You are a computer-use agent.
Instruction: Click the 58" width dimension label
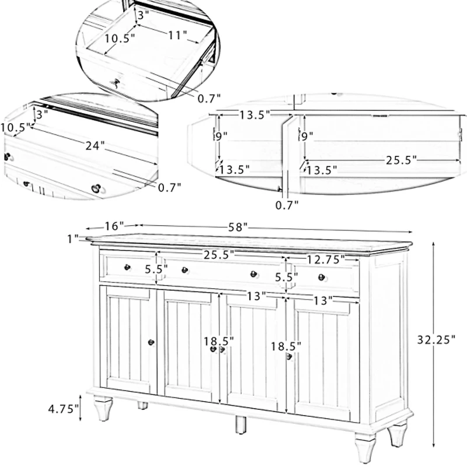pyautogui.click(x=237, y=226)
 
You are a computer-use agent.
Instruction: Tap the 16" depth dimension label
pyautogui.click(x=114, y=225)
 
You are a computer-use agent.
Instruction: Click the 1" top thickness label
pyautogui.click(x=72, y=238)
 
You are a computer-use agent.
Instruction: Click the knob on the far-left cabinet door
pyautogui.click(x=151, y=343)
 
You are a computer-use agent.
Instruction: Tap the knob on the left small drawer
pyautogui.click(x=127, y=267)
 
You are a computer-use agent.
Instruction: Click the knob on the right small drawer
pyautogui.click(x=320, y=277)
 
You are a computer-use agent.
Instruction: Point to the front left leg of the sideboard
pyautogui.click(x=103, y=408)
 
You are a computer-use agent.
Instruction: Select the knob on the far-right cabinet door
pyautogui.click(x=288, y=356)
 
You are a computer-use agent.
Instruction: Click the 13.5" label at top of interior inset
pyautogui.click(x=254, y=115)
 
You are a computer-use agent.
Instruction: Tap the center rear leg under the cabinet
pyautogui.click(x=239, y=425)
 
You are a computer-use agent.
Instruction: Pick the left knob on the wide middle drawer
pyautogui.click(x=184, y=270)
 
